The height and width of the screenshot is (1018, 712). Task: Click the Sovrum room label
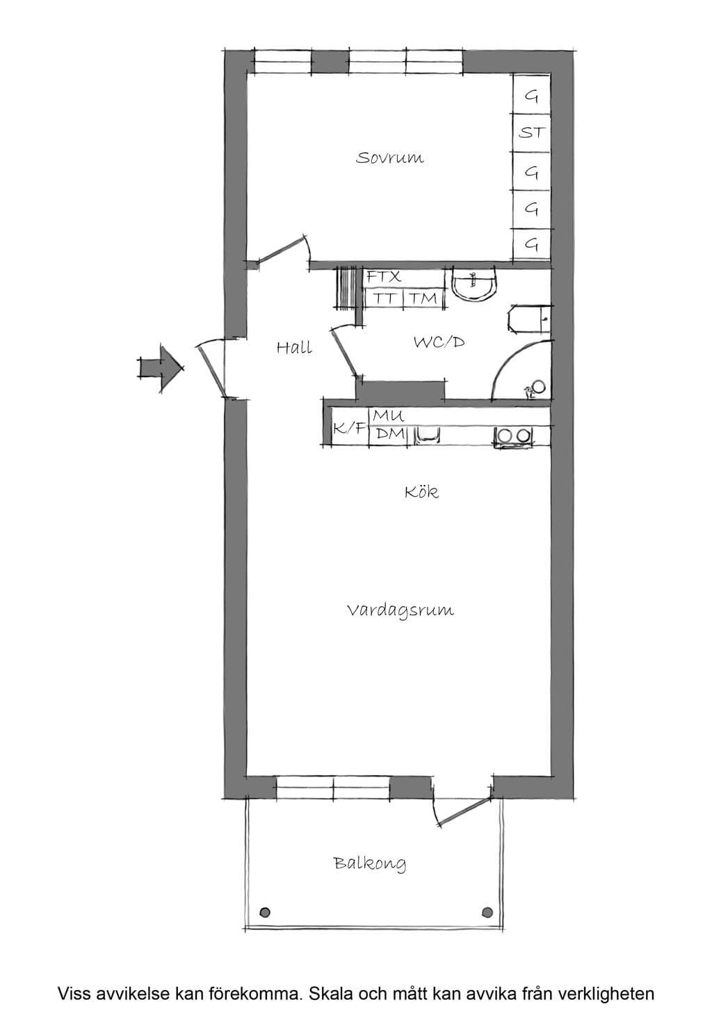(389, 158)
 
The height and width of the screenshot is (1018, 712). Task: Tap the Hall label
(294, 348)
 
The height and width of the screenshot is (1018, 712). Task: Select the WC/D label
(439, 342)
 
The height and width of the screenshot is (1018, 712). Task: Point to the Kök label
(421, 492)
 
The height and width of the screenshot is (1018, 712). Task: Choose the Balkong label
(370, 864)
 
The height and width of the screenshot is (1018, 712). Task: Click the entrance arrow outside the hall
(161, 369)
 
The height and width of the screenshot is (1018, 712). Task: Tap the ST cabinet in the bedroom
(532, 133)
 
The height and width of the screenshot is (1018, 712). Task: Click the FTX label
(384, 277)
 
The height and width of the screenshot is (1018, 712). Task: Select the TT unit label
(384, 299)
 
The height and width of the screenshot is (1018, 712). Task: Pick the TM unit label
(423, 299)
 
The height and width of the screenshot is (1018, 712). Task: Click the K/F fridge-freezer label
(349, 428)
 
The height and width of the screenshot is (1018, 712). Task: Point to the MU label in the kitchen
(388, 415)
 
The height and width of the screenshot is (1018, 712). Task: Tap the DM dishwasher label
(390, 434)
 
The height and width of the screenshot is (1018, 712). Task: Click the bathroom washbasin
(474, 285)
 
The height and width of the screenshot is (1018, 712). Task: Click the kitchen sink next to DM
(427, 434)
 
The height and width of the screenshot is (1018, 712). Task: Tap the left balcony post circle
(265, 912)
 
